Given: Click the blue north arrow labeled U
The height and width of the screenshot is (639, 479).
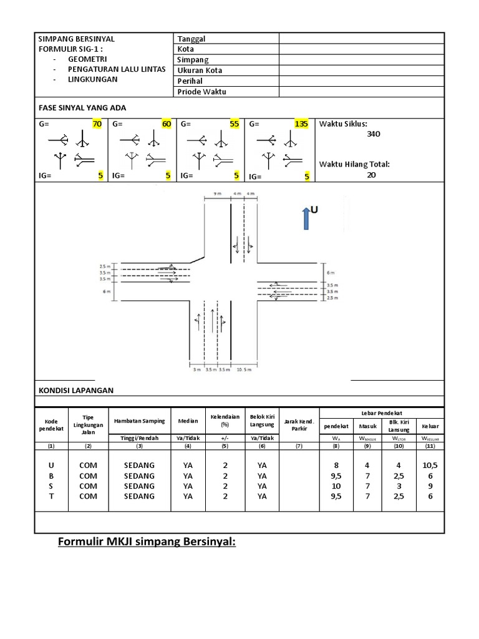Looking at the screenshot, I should [x=306, y=218].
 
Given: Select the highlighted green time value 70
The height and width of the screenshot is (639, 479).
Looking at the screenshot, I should [x=97, y=124].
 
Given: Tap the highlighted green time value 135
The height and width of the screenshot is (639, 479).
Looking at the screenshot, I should [x=301, y=124].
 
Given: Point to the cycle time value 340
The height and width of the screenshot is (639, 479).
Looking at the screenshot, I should [x=374, y=134].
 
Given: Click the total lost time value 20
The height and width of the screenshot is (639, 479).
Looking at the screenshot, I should [x=371, y=175].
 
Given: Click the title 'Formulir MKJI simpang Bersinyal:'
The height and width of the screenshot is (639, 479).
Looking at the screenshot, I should [x=147, y=542].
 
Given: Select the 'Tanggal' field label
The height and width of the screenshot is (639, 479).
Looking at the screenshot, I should [x=191, y=39].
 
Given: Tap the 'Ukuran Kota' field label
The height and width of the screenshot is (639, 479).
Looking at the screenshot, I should [x=200, y=71].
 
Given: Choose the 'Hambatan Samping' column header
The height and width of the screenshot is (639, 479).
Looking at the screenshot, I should [x=139, y=422].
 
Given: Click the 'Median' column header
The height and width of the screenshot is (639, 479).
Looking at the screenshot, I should [x=188, y=422].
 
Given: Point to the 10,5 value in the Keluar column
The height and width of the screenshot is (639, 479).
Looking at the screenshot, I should [x=430, y=466].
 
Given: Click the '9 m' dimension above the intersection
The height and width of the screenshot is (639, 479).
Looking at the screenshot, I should [x=217, y=194].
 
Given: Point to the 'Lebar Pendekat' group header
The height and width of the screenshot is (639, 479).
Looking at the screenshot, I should [x=382, y=413].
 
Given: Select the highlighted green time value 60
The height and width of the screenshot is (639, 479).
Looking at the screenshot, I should [x=166, y=124].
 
